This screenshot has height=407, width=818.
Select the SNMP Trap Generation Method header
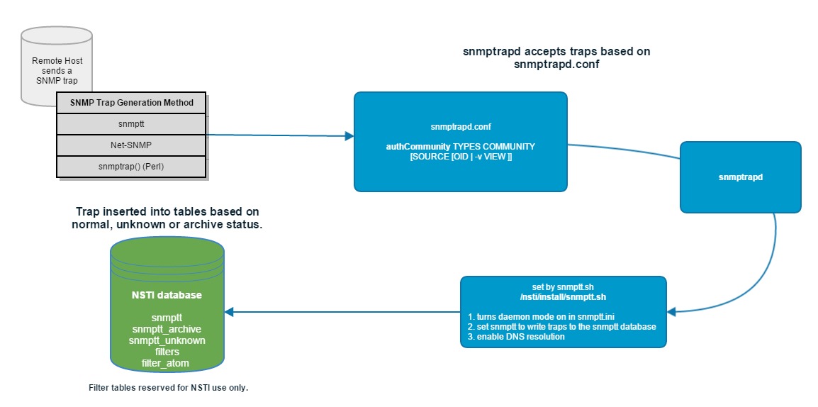pyautogui.click(x=132, y=103)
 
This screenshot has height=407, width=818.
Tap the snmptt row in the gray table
pyautogui.click(x=132, y=123)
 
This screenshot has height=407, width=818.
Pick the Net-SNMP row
pyautogui.click(x=132, y=145)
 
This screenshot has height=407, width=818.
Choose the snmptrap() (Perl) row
pyautogui.click(x=132, y=167)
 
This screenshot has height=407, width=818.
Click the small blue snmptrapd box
pyautogui.click(x=740, y=177)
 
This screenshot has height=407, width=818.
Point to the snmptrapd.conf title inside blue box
pyautogui.click(x=460, y=127)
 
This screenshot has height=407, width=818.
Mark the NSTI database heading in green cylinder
pyautogui.click(x=167, y=295)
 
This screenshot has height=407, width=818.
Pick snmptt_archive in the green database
pyautogui.click(x=167, y=330)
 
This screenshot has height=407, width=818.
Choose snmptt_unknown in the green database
pyautogui.click(x=167, y=340)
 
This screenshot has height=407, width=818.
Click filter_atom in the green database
pyautogui.click(x=167, y=363)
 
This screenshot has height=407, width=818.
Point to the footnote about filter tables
pyautogui.click(x=169, y=389)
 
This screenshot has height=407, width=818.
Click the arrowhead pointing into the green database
pyautogui.click(x=230, y=311)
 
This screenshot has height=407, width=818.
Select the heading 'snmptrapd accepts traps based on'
pyautogui.click(x=556, y=51)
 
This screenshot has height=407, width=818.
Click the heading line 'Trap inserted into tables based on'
pyautogui.click(x=167, y=212)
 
